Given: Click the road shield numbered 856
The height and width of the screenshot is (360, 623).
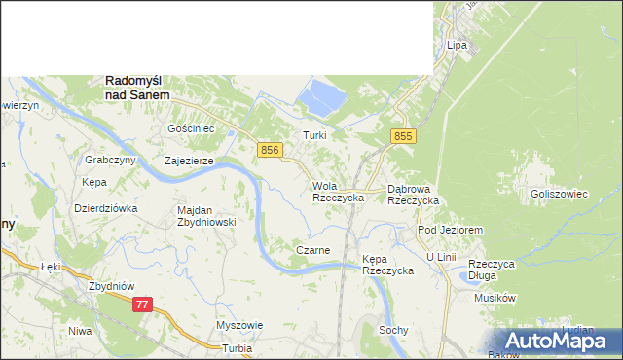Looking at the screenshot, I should click(271, 149).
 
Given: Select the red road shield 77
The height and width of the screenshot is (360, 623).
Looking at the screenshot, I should click(143, 305).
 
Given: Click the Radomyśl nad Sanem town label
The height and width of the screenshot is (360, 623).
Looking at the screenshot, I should click(137, 89).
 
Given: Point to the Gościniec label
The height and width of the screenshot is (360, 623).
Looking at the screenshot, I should click(191, 128).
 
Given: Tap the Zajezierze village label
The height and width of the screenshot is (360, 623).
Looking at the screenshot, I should click(189, 162).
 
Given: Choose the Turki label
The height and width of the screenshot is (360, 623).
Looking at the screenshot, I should click(313, 135).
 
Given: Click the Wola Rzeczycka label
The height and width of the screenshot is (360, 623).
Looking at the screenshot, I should click(338, 191).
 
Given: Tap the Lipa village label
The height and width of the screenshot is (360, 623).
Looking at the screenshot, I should click(458, 46).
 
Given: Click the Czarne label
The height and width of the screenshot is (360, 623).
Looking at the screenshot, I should click(312, 250).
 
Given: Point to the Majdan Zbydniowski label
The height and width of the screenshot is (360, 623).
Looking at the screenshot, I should click(206, 215).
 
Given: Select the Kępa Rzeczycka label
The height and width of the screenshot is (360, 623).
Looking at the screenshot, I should click(387, 265).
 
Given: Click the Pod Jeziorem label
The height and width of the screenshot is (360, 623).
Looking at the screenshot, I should click(451, 229).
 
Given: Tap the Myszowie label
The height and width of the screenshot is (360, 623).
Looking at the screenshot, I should click(239, 325).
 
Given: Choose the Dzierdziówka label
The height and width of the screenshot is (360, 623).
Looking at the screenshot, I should click(106, 207).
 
